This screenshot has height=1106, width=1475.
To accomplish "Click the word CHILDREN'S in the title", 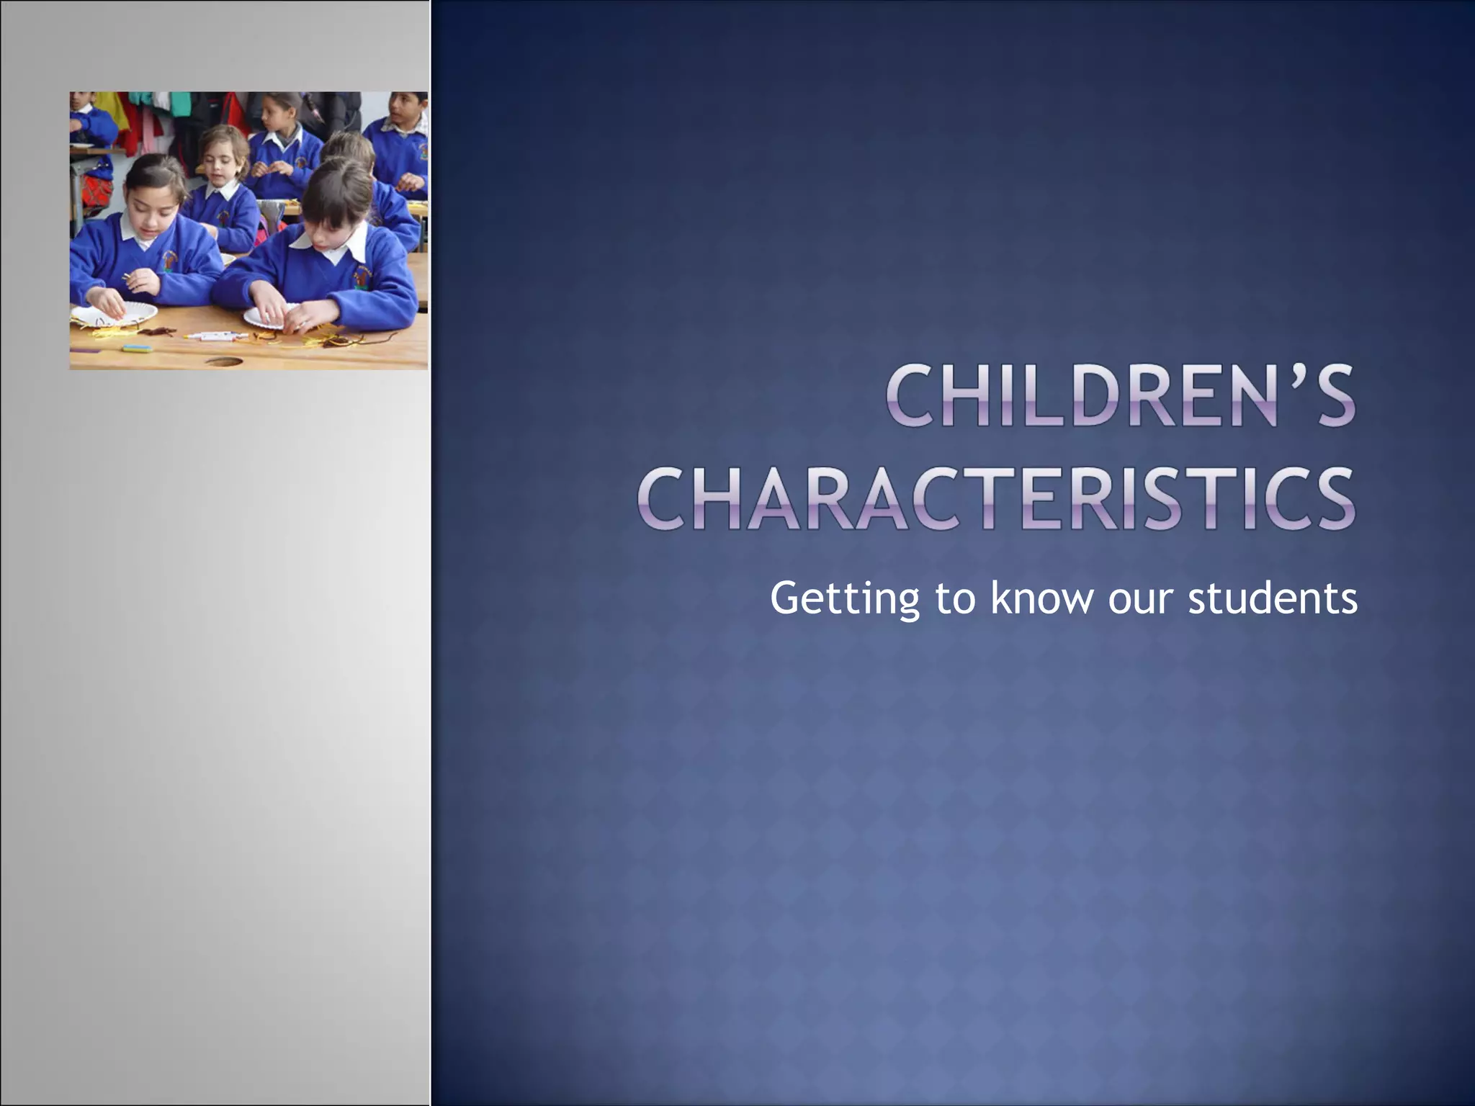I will pyautogui.click(x=1121, y=395).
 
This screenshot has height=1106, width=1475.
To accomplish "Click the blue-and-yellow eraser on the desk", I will pyautogui.click(x=137, y=348).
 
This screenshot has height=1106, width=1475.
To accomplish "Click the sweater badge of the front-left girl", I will pyautogui.click(x=170, y=259).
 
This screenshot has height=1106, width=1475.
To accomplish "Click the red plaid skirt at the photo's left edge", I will pyautogui.click(x=98, y=191).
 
